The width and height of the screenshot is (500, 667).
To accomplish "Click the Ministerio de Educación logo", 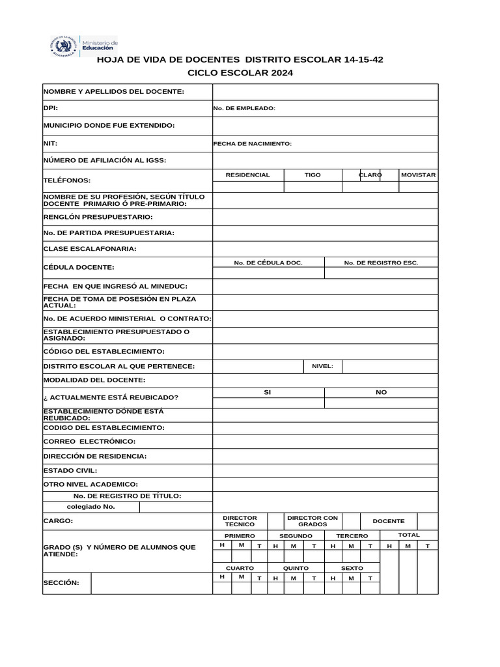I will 85,47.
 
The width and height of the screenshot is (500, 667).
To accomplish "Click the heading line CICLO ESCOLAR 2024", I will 240,73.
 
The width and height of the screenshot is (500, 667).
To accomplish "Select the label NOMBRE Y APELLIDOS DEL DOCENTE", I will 114,92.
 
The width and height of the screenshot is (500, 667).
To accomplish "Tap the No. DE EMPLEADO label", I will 244,108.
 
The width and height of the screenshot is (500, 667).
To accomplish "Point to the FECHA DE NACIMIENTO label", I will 252,143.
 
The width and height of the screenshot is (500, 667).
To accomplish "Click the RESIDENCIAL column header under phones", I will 247,175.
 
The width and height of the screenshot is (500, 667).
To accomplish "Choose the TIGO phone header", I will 312,175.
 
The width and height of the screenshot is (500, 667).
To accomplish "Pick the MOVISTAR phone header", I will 418,175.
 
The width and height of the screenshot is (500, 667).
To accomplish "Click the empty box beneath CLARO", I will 370,187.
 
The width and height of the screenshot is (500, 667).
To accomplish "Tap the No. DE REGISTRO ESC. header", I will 381,263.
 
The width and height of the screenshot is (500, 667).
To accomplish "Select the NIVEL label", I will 322,366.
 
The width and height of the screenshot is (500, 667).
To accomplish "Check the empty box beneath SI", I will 268,403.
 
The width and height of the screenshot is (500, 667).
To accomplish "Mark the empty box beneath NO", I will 381,403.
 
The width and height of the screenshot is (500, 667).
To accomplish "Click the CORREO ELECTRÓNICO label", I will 89,442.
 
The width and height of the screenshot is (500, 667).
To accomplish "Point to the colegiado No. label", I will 90,506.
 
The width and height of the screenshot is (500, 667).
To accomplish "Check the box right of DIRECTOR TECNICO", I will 275,521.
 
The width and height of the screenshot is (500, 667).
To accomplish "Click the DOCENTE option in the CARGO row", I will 388,521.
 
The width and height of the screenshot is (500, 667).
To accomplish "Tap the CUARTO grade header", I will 230,568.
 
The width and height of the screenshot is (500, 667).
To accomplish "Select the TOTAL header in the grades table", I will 409,535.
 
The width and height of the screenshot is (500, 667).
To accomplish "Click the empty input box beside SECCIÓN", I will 151,583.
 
